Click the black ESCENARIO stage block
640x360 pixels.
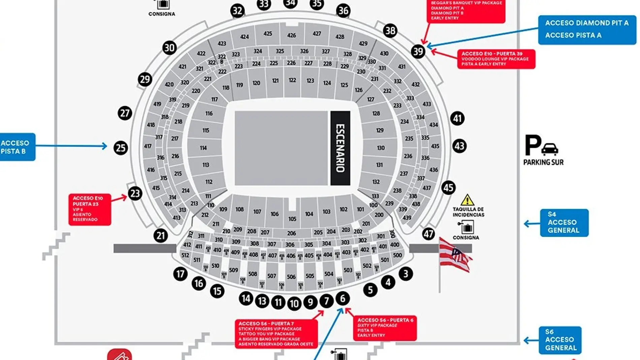(x=340, y=148)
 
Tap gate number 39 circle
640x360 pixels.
(x=418, y=52)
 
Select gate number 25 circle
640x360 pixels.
(x=121, y=148)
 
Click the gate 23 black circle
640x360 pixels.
(x=135, y=194)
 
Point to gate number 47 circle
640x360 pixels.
(x=428, y=234)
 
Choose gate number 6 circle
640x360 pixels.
(x=343, y=298)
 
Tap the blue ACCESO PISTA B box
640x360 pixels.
(x=17, y=147)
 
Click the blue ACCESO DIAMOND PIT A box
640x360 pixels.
(x=587, y=29)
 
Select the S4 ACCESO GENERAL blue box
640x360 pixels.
(x=564, y=223)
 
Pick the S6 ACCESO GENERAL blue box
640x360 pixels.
(x=560, y=340)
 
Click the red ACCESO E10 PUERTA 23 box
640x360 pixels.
(x=90, y=209)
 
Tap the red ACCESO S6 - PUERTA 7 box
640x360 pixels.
(x=276, y=334)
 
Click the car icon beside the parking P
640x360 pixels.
(x=550, y=149)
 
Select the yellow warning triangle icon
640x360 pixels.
(x=467, y=200)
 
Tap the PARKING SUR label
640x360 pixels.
(x=543, y=162)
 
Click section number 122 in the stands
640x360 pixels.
(x=292, y=80)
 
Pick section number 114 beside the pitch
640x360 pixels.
(x=203, y=148)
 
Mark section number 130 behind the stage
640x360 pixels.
(x=381, y=148)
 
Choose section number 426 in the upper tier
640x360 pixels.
(x=292, y=35)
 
